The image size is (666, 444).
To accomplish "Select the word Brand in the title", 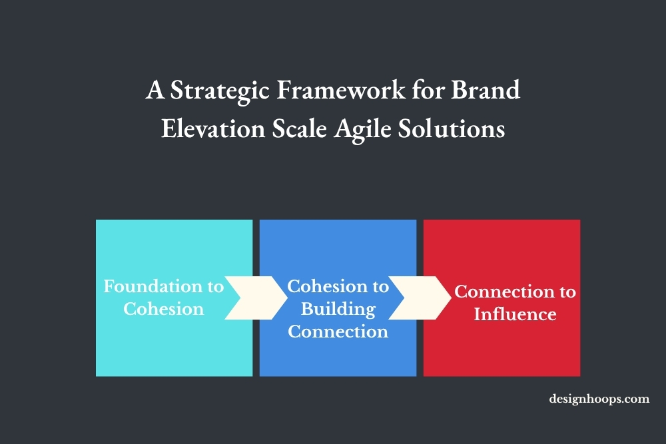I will [x=486, y=90].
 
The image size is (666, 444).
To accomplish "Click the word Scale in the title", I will [x=300, y=128].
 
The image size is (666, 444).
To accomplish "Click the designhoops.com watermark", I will [x=599, y=399].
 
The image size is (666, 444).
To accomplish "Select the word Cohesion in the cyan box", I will [x=163, y=309].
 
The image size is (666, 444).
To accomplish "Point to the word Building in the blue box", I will [x=338, y=309].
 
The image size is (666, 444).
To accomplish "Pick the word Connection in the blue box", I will [x=338, y=331].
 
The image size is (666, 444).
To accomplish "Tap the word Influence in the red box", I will [x=515, y=314].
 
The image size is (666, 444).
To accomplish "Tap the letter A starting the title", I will [x=155, y=90].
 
